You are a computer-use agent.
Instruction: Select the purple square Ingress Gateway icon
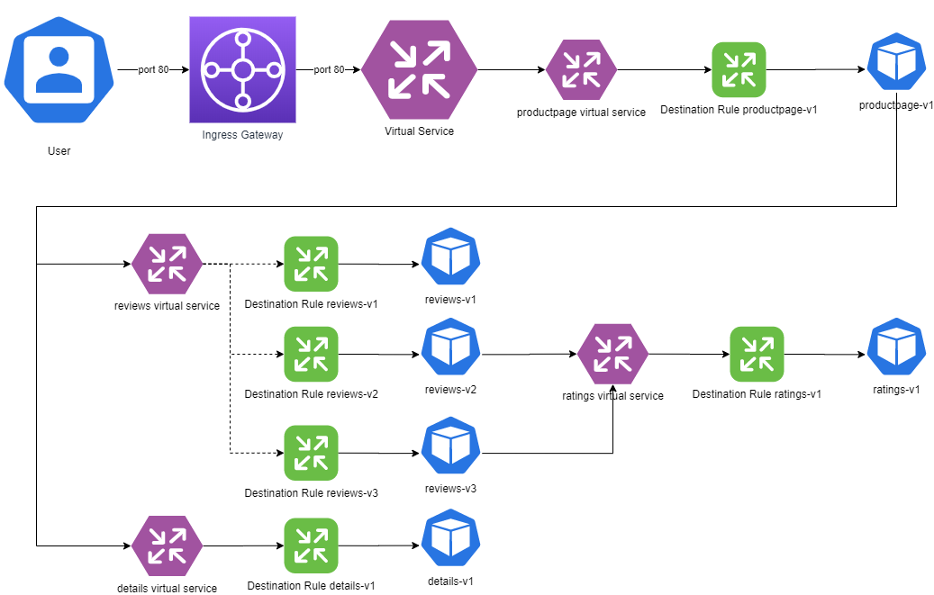click(x=241, y=70)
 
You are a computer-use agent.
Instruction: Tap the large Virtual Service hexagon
click(x=419, y=69)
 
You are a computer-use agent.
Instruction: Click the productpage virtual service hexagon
click(x=581, y=69)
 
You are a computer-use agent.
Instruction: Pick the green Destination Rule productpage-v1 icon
click(x=739, y=69)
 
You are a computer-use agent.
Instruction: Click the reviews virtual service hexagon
click(x=167, y=264)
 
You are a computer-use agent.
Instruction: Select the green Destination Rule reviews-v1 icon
click(x=311, y=264)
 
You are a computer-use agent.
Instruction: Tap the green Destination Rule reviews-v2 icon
click(x=311, y=354)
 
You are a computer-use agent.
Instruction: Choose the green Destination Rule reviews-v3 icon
click(x=311, y=452)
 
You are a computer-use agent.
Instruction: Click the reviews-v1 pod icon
click(x=450, y=258)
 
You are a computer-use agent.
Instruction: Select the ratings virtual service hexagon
click(x=612, y=354)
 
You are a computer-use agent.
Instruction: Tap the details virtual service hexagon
click(x=167, y=545)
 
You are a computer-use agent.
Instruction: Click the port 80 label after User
click(x=153, y=70)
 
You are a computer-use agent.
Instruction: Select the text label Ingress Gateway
click(x=241, y=135)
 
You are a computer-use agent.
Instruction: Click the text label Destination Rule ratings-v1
click(x=757, y=394)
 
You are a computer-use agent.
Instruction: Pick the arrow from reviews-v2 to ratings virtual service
click(x=528, y=355)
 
